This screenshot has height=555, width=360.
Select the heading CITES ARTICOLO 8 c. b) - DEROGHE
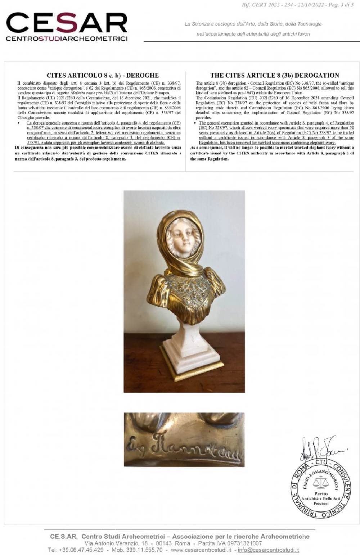pyautogui.click(x=103, y=76)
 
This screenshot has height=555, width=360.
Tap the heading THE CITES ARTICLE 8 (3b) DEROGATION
pyautogui.click(x=275, y=76)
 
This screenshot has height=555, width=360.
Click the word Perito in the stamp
pyautogui.click(x=321, y=494)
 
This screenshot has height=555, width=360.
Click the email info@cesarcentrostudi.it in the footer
pyautogui.click(x=268, y=550)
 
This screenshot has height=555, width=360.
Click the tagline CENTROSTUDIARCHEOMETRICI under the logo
pyautogui.click(x=67, y=39)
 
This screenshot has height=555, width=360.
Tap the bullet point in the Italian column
pyautogui.click(x=18, y=123)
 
